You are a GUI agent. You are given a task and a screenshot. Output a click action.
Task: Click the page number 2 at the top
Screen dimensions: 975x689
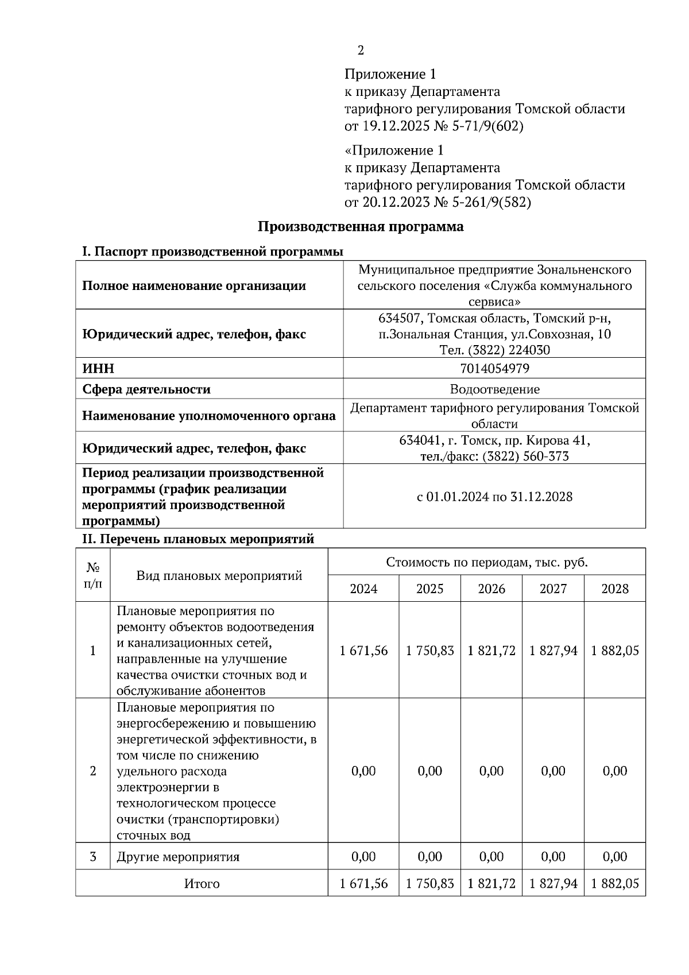pyautogui.click(x=361, y=51)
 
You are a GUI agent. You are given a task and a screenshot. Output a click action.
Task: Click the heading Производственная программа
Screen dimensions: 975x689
pyautogui.click(x=360, y=226)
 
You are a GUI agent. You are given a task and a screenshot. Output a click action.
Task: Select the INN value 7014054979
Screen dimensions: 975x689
pyautogui.click(x=494, y=368)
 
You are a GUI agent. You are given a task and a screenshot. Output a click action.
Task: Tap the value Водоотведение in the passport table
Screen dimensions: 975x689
pyautogui.click(x=494, y=389)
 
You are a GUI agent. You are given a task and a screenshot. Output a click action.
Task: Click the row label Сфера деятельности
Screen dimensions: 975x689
pyautogui.click(x=146, y=389)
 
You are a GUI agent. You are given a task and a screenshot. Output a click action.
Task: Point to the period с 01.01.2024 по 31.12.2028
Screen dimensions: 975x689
pyautogui.click(x=494, y=497)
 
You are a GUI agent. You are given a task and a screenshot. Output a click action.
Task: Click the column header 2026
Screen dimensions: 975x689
pyautogui.click(x=491, y=589)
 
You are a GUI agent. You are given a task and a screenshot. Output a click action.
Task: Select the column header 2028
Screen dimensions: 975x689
pyautogui.click(x=615, y=589)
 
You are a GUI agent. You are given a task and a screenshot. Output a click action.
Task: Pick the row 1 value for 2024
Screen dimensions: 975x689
pyautogui.click(x=363, y=651)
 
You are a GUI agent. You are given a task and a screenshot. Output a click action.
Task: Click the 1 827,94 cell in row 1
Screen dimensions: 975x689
pyautogui.click(x=553, y=651)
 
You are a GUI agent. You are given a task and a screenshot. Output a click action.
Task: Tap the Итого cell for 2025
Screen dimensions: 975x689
pyautogui.click(x=429, y=884)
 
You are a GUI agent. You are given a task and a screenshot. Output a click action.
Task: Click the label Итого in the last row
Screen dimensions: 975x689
pyautogui.click(x=202, y=884)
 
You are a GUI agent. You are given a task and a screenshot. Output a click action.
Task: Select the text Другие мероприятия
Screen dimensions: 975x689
pyautogui.click(x=178, y=857)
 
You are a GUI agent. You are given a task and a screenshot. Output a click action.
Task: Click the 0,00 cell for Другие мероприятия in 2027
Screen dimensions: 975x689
pyautogui.click(x=553, y=857)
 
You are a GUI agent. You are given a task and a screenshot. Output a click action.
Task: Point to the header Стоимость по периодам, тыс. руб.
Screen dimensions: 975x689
pyautogui.click(x=487, y=562)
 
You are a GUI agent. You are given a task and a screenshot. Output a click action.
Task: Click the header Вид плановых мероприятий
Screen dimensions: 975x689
pyautogui.click(x=219, y=575)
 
